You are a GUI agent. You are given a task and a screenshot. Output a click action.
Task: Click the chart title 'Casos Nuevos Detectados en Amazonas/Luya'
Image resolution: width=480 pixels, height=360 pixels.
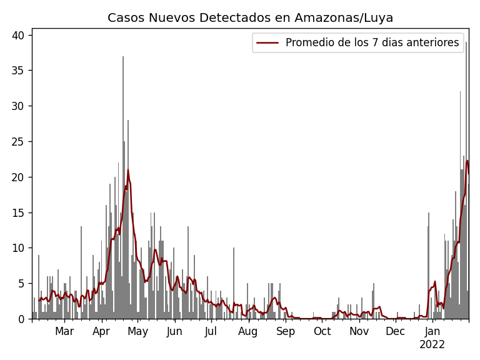tap(250, 17)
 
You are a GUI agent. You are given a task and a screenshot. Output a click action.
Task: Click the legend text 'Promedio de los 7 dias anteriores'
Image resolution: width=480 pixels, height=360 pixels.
tap(372, 42)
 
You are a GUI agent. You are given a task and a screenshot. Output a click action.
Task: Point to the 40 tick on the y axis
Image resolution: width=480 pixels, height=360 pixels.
tap(20, 36)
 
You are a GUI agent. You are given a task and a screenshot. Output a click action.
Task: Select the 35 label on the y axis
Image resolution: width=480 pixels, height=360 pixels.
tap(20, 71)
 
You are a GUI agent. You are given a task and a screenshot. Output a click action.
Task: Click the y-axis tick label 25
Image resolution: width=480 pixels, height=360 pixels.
tap(20, 142)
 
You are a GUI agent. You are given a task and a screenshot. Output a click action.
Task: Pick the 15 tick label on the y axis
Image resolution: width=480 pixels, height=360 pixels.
tap(20, 212)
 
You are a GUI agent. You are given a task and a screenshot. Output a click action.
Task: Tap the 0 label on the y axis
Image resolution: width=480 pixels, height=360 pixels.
tap(23, 319)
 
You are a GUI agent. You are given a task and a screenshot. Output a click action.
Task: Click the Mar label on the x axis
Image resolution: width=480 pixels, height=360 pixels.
tap(64, 332)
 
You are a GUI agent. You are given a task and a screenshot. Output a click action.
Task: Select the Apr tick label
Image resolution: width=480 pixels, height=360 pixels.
tap(101, 332)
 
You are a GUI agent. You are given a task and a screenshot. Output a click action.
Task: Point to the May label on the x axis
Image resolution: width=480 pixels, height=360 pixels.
tap(138, 332)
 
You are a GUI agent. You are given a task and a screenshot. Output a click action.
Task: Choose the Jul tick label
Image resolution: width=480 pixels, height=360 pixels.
tap(211, 332)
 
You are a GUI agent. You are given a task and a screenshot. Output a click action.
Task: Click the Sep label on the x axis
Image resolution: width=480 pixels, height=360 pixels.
tap(286, 332)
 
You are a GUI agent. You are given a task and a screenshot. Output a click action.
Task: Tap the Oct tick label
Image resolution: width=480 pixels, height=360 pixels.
tap(322, 332)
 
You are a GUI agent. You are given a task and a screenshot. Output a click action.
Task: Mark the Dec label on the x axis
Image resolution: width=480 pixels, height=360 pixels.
tap(396, 332)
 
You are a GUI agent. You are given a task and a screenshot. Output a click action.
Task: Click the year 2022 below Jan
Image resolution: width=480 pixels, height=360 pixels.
tap(432, 344)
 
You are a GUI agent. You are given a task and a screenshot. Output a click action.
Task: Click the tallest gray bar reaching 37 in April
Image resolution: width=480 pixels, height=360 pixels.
tap(123, 187)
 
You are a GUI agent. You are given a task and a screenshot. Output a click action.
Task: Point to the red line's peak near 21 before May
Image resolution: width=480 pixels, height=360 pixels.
tap(128, 170)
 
